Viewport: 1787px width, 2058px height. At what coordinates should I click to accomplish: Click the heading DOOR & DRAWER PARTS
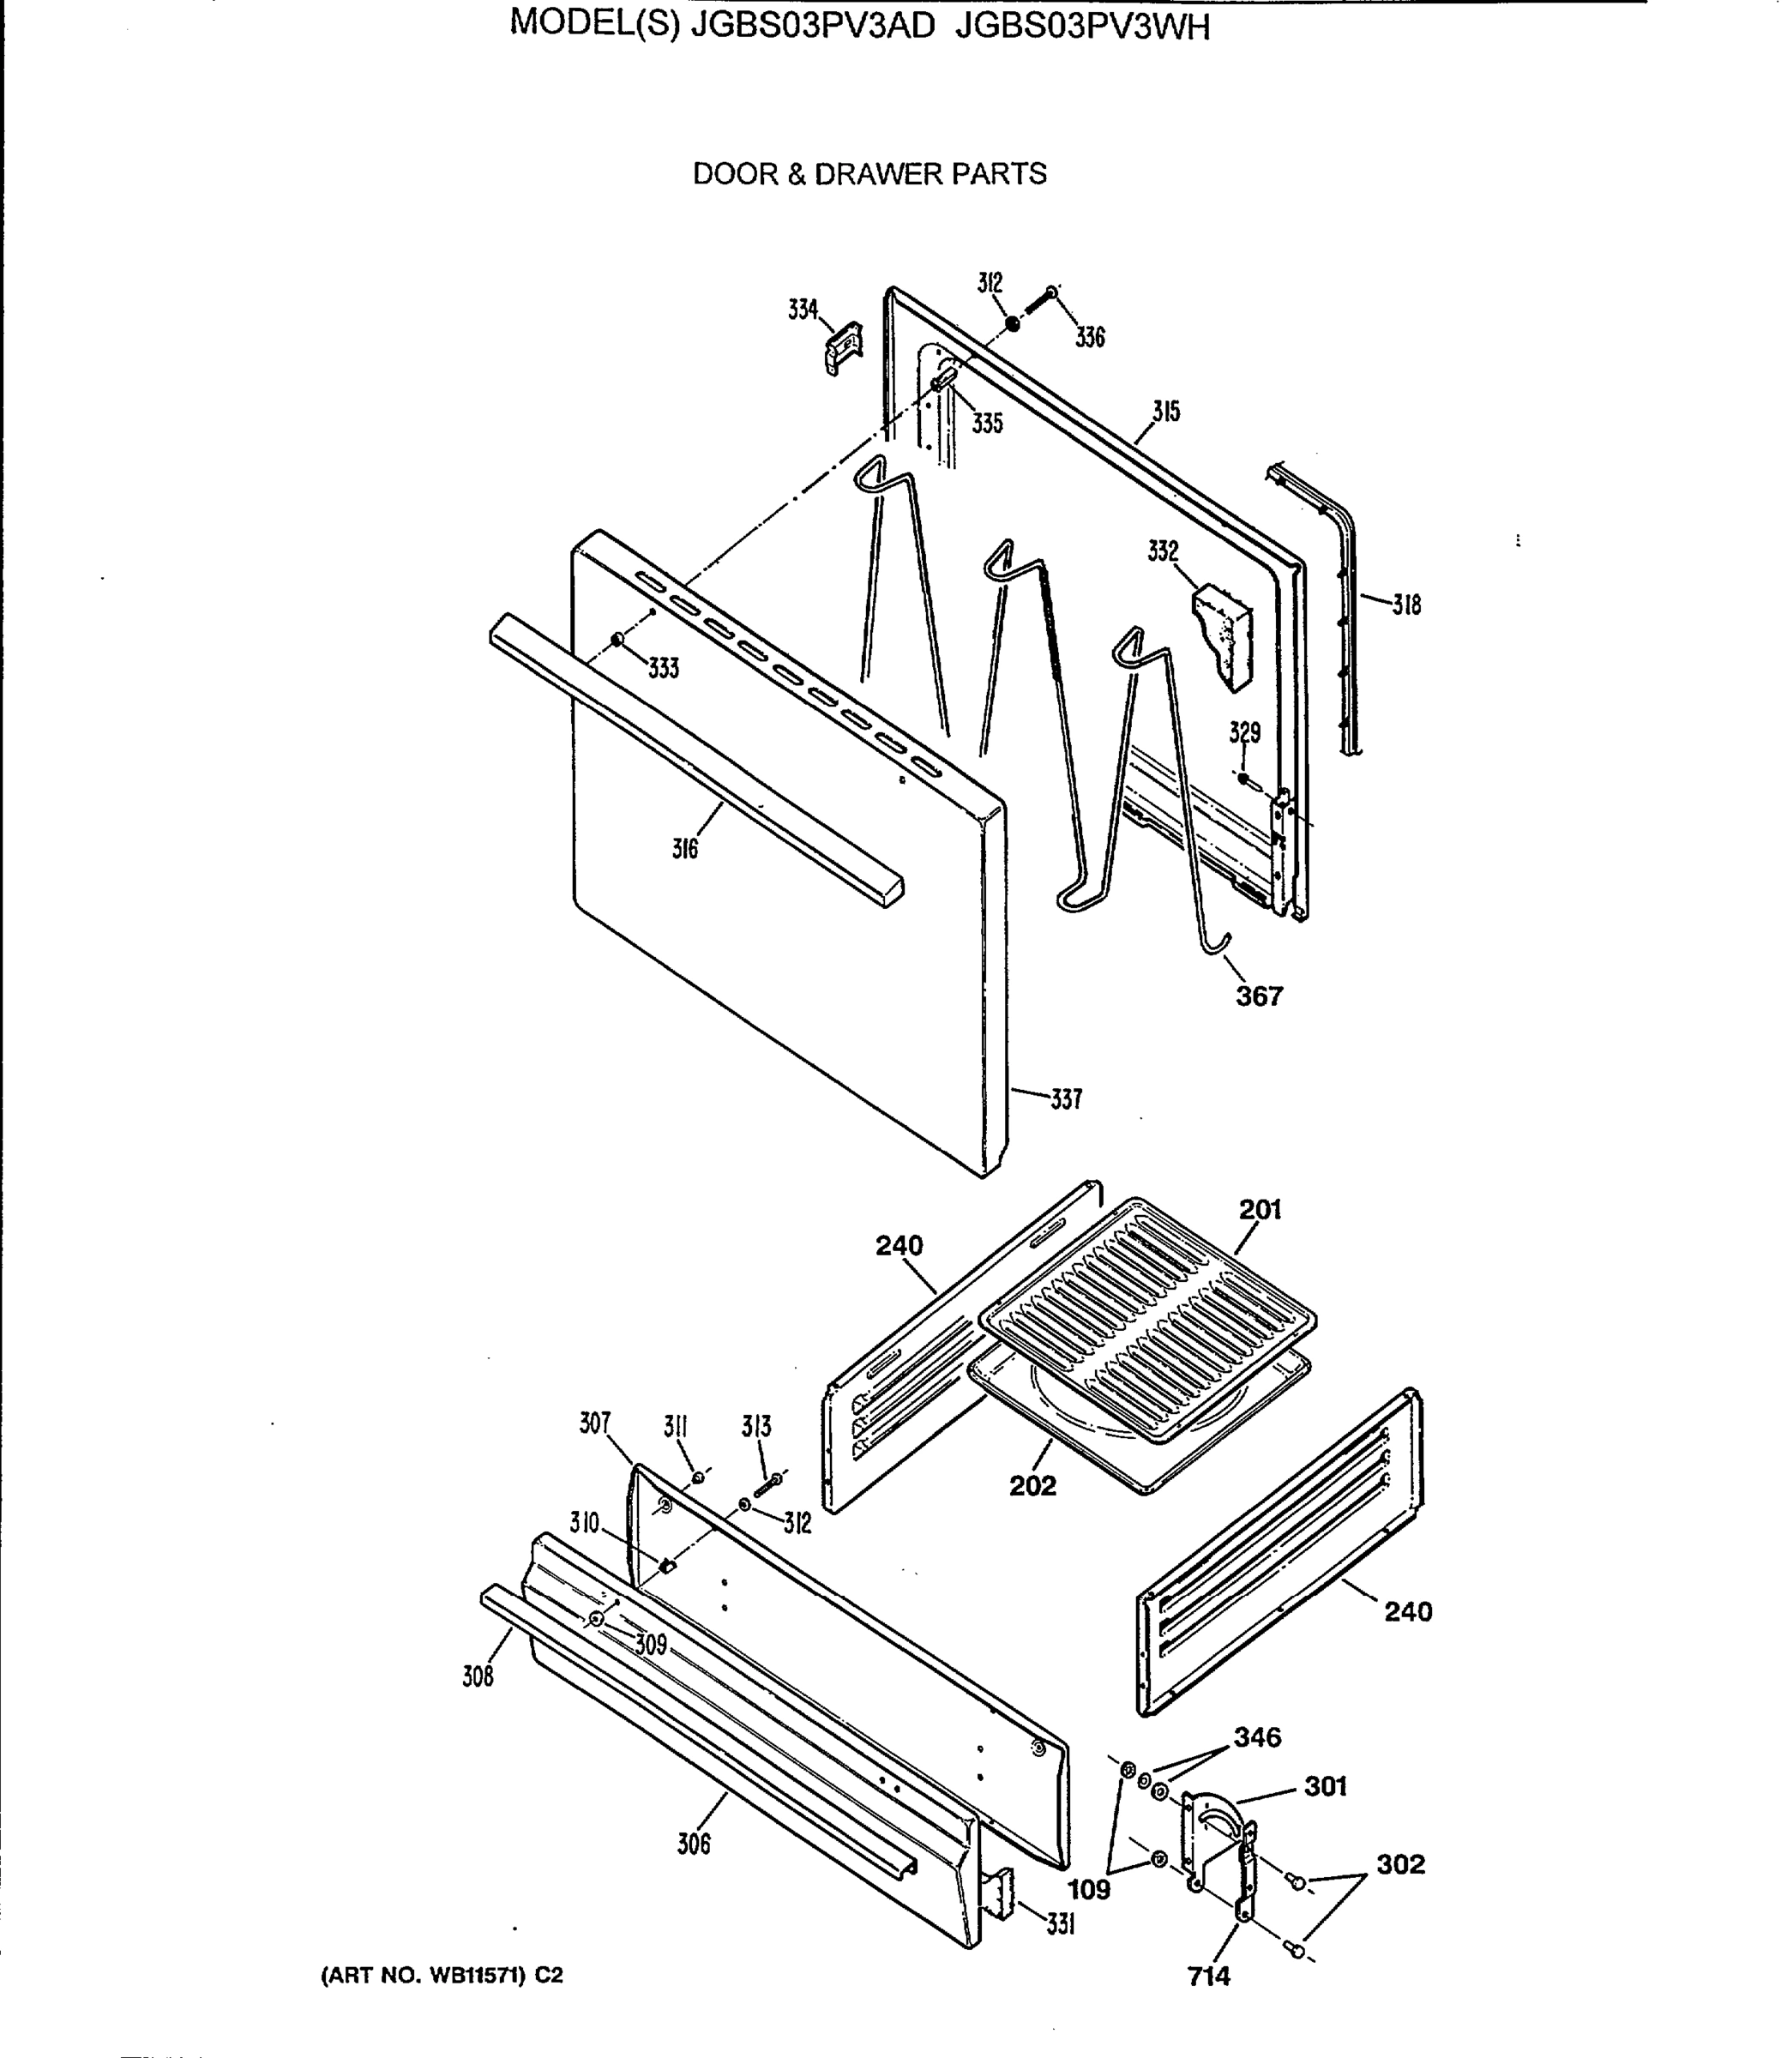click(869, 174)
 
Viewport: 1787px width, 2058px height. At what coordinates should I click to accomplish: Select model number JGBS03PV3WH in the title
click(1082, 27)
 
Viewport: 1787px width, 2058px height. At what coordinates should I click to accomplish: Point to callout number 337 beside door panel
click(1065, 1100)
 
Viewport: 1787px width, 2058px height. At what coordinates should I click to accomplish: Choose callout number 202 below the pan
click(1032, 1486)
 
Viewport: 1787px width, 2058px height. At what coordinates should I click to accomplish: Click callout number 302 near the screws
click(1400, 1863)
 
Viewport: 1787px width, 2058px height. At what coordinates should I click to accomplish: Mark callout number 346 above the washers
click(1256, 1737)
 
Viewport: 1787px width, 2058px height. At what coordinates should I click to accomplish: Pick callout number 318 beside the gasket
click(1406, 605)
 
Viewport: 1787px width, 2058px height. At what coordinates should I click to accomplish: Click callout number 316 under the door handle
click(684, 850)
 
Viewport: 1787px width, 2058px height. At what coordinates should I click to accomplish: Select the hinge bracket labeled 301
click(1217, 1835)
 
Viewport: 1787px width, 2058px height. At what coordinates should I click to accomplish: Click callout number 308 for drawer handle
click(478, 1677)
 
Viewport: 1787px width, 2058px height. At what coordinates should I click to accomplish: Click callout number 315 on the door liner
click(1165, 412)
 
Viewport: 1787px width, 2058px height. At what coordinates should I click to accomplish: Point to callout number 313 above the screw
click(756, 1427)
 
